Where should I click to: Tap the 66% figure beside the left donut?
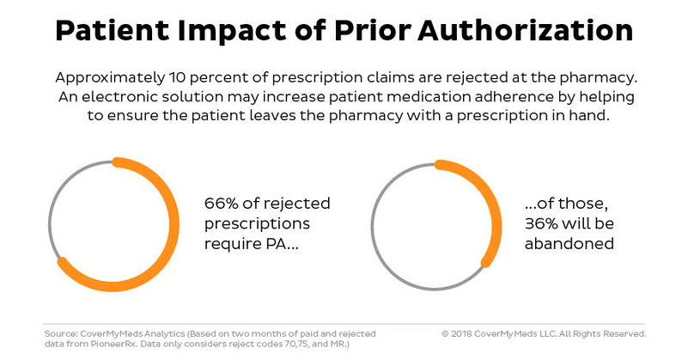[222, 205]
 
